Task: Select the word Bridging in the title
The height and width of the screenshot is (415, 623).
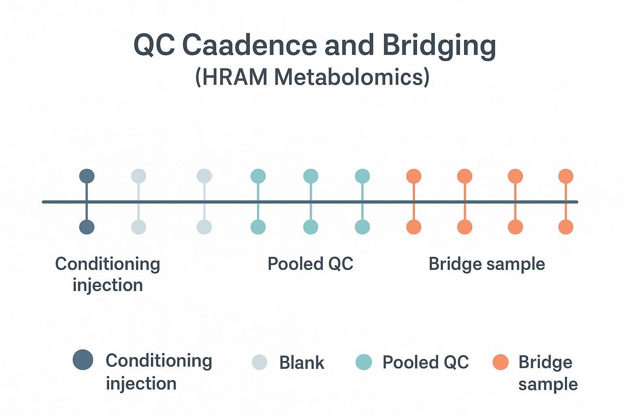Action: tap(439, 45)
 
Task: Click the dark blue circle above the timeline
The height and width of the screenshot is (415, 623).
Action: tap(87, 176)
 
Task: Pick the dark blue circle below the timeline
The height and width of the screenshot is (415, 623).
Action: tap(87, 227)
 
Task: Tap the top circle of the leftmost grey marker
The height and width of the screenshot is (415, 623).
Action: tap(139, 176)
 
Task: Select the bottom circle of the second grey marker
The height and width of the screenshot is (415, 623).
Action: tap(204, 227)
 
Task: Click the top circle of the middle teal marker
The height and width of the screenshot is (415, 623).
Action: tap(311, 176)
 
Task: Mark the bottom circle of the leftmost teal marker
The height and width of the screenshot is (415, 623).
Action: tap(258, 227)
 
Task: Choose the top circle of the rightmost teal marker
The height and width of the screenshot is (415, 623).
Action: tap(362, 176)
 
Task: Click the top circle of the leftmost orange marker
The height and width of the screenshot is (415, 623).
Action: tap(414, 176)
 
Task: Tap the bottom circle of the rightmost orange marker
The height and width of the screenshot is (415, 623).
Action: tap(566, 227)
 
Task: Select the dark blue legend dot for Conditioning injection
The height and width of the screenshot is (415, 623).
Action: tap(83, 359)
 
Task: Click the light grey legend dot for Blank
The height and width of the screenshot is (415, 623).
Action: tap(260, 362)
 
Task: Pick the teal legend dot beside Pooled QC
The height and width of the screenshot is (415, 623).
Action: tap(363, 362)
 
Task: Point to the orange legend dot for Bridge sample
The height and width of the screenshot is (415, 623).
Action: tap(501, 362)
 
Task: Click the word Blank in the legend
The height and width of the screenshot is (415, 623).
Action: tap(301, 363)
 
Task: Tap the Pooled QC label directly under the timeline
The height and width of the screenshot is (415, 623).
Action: tap(310, 264)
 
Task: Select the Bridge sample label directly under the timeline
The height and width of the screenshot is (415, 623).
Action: tap(486, 264)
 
